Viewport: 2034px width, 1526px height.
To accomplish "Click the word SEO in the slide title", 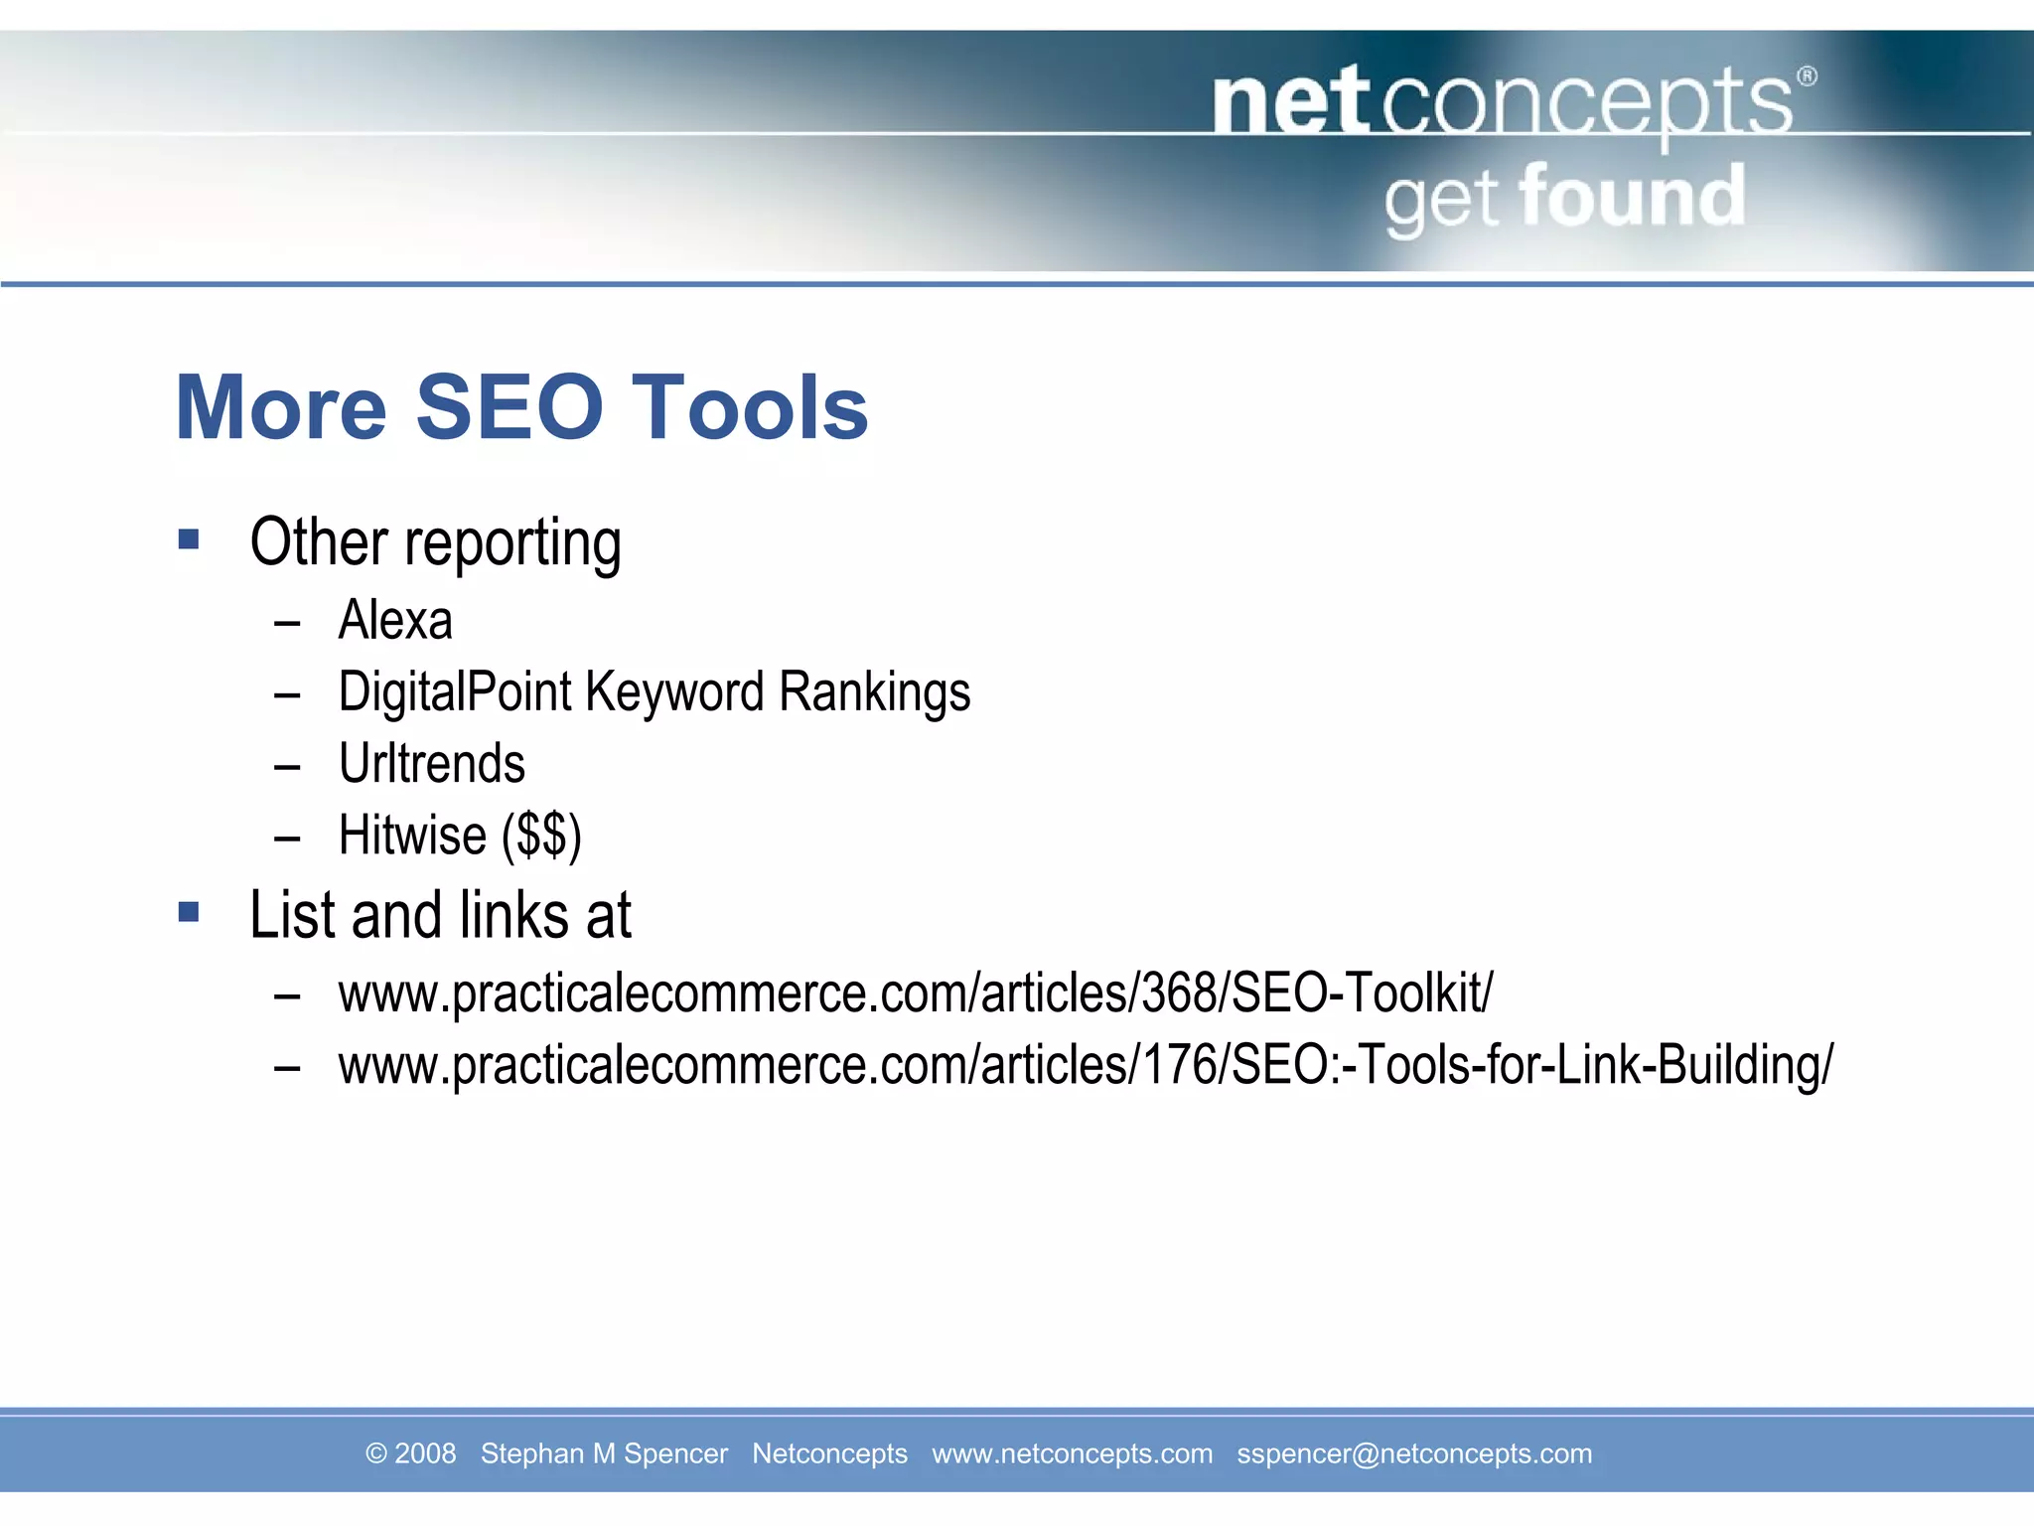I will [508, 407].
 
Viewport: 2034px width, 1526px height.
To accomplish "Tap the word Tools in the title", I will [750, 407].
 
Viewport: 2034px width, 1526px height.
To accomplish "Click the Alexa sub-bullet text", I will [395, 621].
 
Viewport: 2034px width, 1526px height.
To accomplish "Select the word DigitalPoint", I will [455, 692].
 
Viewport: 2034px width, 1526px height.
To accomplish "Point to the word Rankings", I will [874, 692].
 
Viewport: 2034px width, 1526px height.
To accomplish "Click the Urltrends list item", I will [431, 764].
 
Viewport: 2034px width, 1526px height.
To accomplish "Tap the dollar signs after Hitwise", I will [541, 836].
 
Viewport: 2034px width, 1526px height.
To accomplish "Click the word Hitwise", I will [412, 836].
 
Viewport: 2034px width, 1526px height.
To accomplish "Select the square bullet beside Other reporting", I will [189, 539].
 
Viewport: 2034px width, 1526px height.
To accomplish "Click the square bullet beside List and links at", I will [189, 912].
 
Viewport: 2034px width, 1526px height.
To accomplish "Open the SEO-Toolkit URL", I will [915, 993].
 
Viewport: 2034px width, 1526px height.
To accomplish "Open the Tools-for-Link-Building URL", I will [1085, 1065].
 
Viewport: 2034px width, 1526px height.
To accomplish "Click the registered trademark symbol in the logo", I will [1808, 76].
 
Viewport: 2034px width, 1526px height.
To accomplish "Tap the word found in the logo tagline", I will [1632, 198].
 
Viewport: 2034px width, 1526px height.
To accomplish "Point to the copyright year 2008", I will [425, 1453].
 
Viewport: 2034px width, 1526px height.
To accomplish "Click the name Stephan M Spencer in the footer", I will [604, 1453].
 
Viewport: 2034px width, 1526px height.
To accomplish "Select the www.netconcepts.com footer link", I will [1072, 1453].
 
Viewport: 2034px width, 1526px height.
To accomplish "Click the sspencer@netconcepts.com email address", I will [1413, 1453].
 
